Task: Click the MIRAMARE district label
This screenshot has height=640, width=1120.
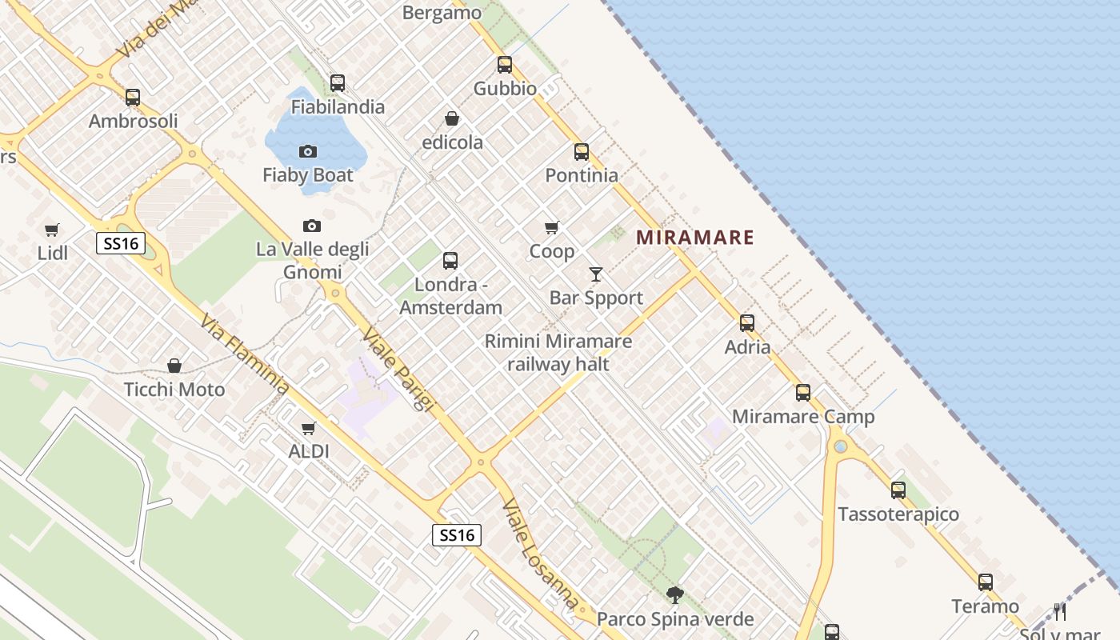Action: (x=695, y=238)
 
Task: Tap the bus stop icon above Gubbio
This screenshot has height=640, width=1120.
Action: (x=505, y=65)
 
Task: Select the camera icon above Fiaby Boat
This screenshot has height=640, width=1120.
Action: (x=308, y=151)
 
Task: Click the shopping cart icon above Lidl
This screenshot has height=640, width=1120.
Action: (x=52, y=230)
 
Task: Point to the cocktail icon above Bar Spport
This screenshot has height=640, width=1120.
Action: (x=595, y=274)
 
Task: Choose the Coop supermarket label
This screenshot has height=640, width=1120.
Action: (x=552, y=251)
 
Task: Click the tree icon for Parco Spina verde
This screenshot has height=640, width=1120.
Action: (x=675, y=594)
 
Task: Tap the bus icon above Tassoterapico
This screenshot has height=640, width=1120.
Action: (x=898, y=490)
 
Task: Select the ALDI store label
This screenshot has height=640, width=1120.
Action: (x=309, y=451)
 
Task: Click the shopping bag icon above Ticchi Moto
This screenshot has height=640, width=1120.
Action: (x=174, y=366)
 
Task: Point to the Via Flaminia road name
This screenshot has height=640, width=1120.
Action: (x=245, y=355)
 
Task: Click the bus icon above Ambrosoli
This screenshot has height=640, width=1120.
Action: (x=133, y=98)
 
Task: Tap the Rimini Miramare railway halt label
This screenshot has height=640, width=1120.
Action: (x=558, y=353)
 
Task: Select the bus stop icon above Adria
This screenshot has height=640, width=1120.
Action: (x=747, y=323)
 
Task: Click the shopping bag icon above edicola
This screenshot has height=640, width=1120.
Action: (x=452, y=119)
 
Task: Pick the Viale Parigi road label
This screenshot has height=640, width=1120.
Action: (x=398, y=370)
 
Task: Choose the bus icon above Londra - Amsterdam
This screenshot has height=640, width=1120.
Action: (x=450, y=261)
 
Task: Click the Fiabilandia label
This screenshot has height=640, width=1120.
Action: (x=338, y=106)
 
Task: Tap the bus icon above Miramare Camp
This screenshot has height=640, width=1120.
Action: (x=803, y=393)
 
